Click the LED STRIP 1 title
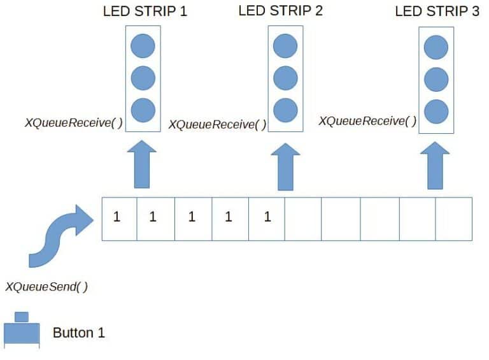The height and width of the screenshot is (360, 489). [x=145, y=11]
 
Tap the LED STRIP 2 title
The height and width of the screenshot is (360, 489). [x=280, y=11]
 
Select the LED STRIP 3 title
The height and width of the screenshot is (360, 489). [x=437, y=11]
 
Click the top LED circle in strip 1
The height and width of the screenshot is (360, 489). [x=143, y=46]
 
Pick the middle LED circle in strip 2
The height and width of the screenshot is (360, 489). [x=285, y=78]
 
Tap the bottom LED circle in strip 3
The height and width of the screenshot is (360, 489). [x=436, y=112]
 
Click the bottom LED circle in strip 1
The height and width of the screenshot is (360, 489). [x=143, y=110]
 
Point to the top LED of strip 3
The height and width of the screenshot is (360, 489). [x=436, y=47]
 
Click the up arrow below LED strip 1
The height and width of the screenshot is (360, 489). [x=142, y=164]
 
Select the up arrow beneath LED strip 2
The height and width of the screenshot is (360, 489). [x=285, y=167]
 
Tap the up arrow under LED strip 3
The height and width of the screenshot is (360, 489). [x=435, y=166]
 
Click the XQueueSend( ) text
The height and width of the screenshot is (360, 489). [x=46, y=287]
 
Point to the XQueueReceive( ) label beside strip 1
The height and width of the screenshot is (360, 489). [x=74, y=122]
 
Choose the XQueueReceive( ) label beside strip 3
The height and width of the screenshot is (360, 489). [x=367, y=121]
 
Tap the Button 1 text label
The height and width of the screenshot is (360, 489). [x=78, y=333]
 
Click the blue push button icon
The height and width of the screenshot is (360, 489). [x=22, y=330]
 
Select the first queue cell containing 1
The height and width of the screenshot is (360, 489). [x=120, y=219]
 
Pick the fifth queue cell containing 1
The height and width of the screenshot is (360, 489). [x=267, y=219]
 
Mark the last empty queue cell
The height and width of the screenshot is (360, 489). [x=454, y=219]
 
